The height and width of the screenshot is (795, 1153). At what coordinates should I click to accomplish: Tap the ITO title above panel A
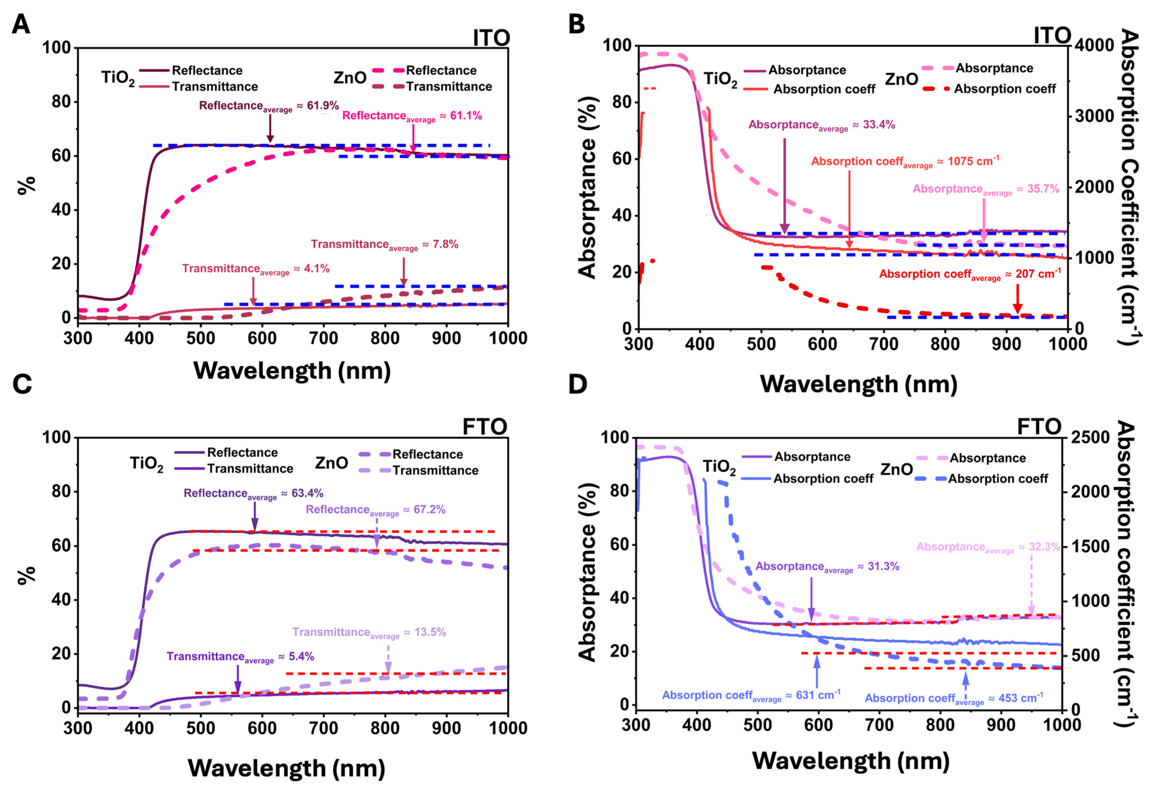[491, 38]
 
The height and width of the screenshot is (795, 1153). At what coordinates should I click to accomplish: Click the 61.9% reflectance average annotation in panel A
[269, 106]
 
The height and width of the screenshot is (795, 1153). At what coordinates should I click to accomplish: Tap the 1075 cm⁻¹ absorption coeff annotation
[905, 162]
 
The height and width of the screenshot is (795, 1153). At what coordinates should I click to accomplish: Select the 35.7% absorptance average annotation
[986, 190]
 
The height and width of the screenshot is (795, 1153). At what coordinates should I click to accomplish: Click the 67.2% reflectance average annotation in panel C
[375, 510]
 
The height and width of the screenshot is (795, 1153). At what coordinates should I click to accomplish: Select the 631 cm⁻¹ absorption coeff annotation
[751, 695]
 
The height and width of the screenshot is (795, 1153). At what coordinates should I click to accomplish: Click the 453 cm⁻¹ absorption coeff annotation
[953, 698]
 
